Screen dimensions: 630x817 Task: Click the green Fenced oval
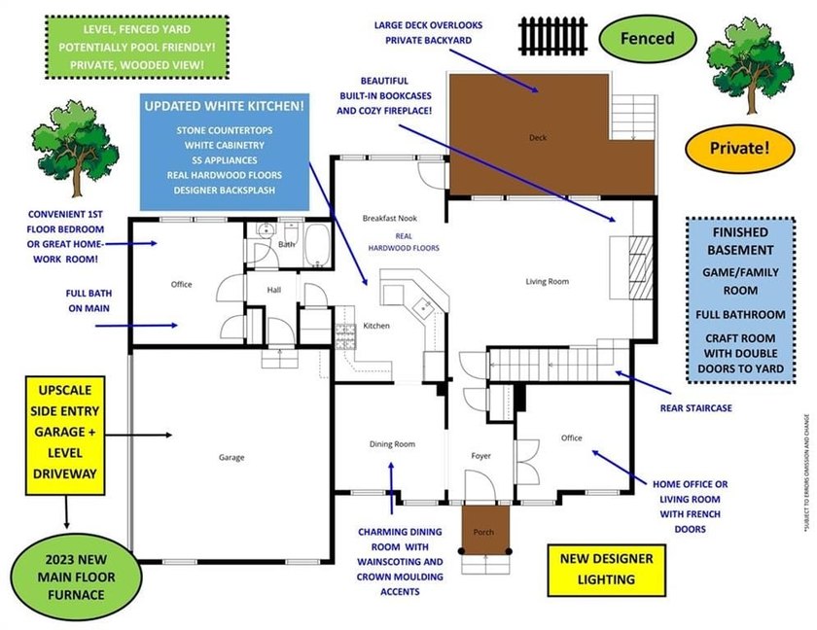point(649,39)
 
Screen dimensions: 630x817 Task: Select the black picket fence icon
point(553,36)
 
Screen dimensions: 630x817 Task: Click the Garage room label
point(231,457)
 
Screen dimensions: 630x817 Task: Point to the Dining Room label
point(392,444)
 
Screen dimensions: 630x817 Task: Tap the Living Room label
point(547,282)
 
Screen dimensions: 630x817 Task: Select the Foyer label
point(480,456)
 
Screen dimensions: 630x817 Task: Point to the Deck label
point(537,138)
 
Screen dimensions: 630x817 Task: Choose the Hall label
point(275,289)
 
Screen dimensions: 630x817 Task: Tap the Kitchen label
point(376,326)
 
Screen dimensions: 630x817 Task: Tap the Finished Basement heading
point(740,241)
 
